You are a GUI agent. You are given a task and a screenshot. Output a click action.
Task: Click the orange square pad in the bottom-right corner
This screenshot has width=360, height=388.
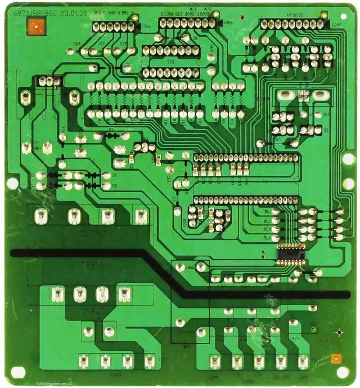[x=336, y=358]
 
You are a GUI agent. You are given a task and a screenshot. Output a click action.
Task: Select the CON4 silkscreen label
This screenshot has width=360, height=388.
[x=146, y=26]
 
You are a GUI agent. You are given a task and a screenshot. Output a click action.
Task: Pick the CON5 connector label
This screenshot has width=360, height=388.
[x=228, y=23]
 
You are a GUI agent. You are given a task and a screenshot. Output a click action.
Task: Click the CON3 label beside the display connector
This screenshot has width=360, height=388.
[x=336, y=24]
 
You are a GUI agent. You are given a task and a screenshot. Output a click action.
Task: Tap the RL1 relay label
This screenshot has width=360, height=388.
[x=267, y=212]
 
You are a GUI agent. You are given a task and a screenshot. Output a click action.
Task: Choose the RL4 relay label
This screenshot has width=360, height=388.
[x=267, y=238]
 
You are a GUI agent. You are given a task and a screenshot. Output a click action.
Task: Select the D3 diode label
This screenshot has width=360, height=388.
[x=114, y=185]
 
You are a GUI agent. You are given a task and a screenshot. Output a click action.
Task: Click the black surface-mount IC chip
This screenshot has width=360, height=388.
[x=290, y=253]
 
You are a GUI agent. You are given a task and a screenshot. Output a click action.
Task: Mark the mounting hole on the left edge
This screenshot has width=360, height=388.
[x=12, y=183]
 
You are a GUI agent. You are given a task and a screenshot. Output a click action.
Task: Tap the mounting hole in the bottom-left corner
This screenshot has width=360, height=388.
[x=18, y=372]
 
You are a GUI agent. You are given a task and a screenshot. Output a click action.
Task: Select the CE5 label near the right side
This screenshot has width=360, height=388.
[x=326, y=115]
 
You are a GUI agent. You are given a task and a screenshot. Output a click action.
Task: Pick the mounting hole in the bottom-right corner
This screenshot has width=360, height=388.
[x=342, y=372]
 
